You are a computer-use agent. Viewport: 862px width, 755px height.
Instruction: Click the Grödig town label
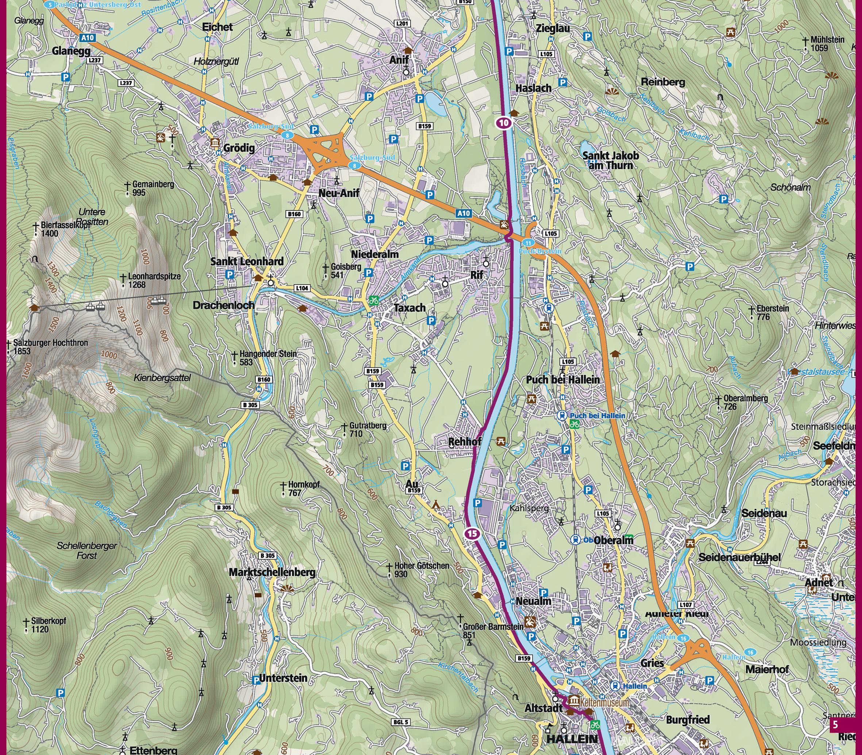239,148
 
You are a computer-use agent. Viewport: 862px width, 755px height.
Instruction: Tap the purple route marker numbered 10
504,123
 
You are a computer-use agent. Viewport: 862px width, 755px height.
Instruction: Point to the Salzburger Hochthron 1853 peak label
50,347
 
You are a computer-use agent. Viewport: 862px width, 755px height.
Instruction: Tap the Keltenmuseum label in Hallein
604,702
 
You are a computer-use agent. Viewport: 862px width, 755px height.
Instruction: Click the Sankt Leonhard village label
247,262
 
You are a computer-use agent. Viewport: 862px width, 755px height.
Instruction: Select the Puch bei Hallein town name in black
563,380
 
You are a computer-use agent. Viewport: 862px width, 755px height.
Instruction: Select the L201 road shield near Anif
403,24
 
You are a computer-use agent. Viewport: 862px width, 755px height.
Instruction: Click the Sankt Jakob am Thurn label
610,160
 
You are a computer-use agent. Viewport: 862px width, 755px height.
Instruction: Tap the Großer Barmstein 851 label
492,631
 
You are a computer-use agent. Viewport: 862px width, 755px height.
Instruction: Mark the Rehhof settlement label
465,442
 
